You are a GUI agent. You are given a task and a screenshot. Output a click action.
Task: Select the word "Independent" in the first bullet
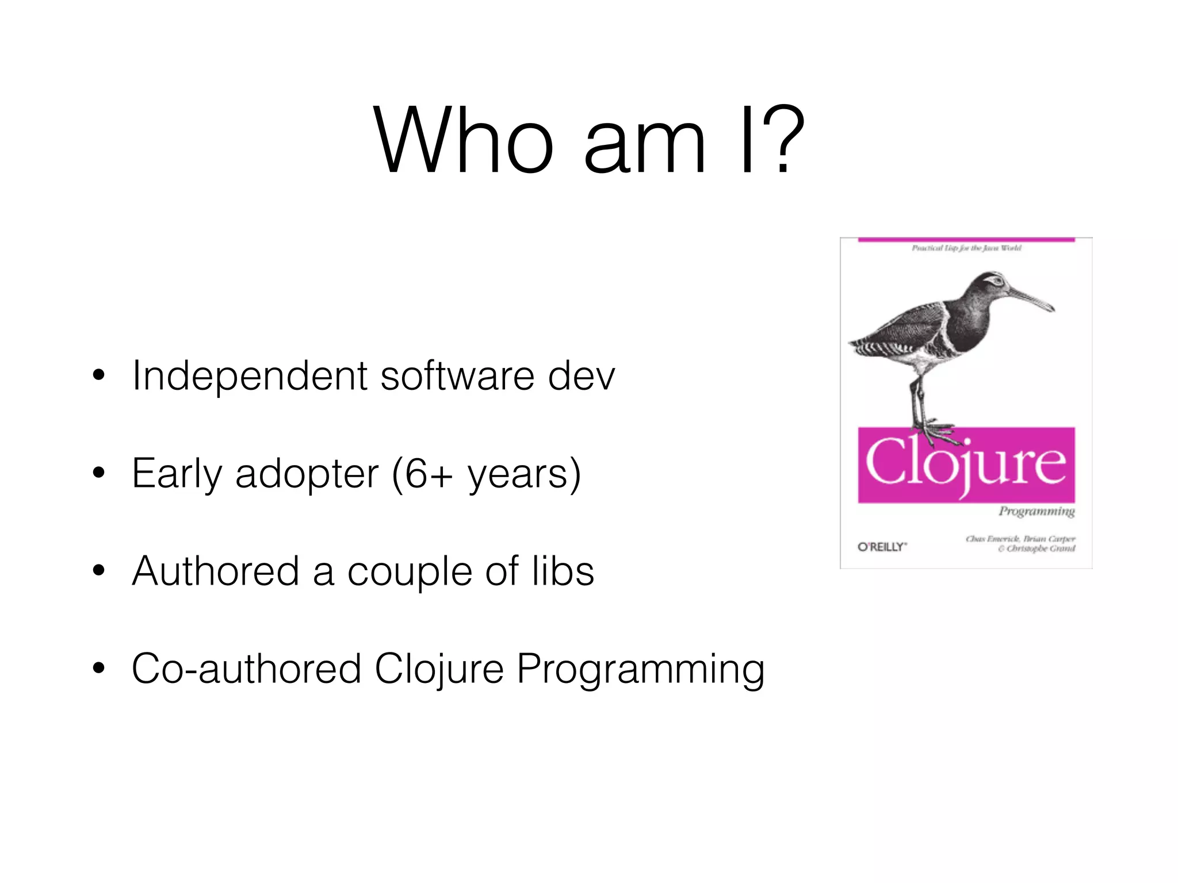pos(250,377)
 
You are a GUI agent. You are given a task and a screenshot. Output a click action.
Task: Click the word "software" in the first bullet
pos(457,377)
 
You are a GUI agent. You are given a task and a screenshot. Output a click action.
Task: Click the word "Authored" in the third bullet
pos(216,571)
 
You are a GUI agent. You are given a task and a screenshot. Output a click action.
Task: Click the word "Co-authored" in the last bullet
pos(246,669)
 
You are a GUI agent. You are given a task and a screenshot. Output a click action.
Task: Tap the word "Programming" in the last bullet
pos(640,670)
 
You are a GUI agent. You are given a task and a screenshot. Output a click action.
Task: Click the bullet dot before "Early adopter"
pos(99,473)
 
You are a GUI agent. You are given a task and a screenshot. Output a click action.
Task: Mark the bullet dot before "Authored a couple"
pos(99,571)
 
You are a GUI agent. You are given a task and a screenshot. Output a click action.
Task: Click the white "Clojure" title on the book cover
pos(966,463)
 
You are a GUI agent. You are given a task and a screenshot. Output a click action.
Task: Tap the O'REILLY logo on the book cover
pos(882,547)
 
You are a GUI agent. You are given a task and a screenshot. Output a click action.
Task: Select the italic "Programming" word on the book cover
pos(1037,511)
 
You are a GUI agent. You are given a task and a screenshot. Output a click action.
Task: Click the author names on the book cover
pos(1020,544)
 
